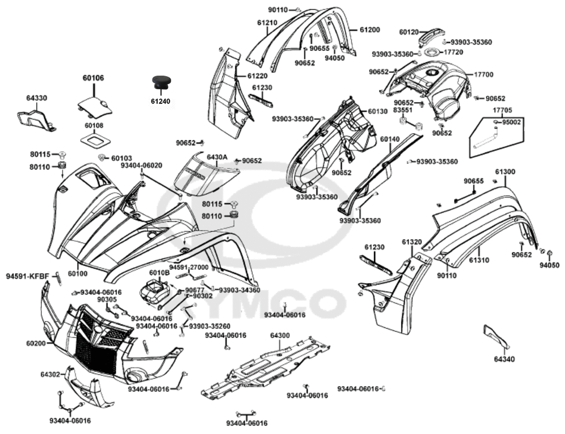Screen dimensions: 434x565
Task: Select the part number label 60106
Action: [x=93, y=78]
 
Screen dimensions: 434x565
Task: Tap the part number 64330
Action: [x=37, y=98]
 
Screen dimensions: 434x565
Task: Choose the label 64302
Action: [x=50, y=374]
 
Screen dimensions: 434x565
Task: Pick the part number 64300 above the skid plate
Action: [x=280, y=335]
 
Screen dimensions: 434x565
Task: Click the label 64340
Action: [x=505, y=359]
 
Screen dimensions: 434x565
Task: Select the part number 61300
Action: [x=505, y=172]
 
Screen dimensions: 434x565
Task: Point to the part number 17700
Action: [x=484, y=74]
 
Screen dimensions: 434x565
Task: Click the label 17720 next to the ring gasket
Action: [x=454, y=52]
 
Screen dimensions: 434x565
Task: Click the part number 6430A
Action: [x=216, y=157]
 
